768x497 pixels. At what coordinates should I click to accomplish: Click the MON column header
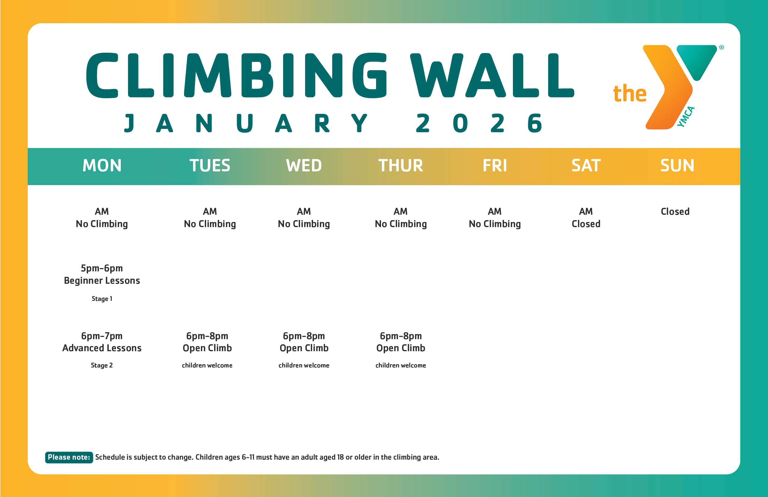[102, 166]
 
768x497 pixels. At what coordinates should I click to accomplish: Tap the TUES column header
[210, 166]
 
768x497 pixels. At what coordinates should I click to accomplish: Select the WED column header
[304, 166]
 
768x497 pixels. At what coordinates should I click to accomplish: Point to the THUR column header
[401, 166]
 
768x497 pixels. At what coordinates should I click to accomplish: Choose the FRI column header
[495, 166]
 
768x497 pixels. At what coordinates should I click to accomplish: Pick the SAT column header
[586, 166]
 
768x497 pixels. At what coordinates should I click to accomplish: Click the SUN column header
[677, 166]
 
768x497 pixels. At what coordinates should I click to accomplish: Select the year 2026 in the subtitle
[479, 123]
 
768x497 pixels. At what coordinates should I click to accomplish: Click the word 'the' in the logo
[629, 94]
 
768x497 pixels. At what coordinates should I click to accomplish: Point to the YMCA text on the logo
[685, 117]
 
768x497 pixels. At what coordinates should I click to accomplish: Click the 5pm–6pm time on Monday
[102, 268]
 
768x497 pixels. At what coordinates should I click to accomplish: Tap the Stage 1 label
[102, 299]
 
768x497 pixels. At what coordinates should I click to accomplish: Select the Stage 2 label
[102, 365]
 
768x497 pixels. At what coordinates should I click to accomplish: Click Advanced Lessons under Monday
[102, 348]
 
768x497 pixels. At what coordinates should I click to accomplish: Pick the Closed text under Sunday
[675, 212]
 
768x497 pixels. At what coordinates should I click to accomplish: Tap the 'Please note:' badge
[69, 457]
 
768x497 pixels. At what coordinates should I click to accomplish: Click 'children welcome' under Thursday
[401, 365]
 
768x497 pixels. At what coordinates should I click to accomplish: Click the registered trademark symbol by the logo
[722, 48]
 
